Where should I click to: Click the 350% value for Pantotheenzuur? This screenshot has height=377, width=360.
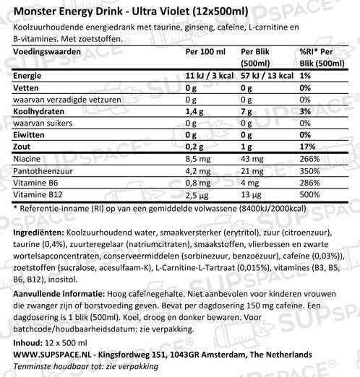pos(307,171)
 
